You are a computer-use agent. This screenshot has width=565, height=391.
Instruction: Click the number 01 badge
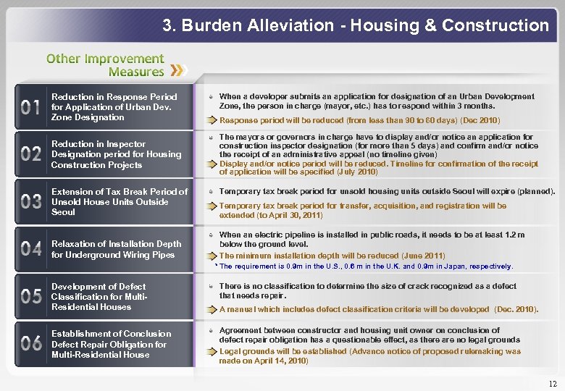(31, 108)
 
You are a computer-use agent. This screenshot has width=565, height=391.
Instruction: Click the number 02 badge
(31, 154)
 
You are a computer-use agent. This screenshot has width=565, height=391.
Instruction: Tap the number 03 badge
(31, 202)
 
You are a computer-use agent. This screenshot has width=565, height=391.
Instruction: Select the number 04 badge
(31, 249)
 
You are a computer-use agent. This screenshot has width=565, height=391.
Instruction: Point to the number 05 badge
(31, 296)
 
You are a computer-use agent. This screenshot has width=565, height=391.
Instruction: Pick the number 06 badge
(31, 344)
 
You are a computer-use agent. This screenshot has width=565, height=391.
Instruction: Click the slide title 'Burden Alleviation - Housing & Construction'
(356, 25)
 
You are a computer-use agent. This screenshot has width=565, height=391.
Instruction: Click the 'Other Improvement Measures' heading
(106, 64)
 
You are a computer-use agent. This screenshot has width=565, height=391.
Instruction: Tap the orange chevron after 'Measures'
(178, 71)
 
